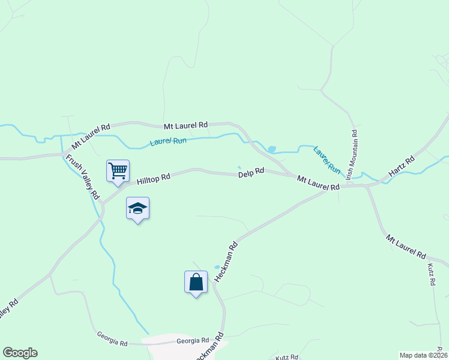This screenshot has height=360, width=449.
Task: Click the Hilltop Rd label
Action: coord(154,178)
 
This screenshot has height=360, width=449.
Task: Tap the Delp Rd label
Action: coord(251,172)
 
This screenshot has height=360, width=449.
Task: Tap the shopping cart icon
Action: coord(118,170)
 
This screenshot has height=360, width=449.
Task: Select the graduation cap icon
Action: coord(137,209)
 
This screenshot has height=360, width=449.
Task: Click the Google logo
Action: coord(20,353)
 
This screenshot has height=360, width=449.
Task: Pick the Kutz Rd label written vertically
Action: coord(431,274)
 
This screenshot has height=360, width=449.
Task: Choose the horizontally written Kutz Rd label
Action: coord(287,358)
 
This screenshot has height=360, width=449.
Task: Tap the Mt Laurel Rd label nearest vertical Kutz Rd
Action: coord(406,246)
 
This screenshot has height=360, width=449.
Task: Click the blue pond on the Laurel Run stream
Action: coord(271,149)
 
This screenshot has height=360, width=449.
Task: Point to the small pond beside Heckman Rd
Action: coord(217,267)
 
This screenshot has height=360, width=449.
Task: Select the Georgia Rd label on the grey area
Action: coord(192,340)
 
